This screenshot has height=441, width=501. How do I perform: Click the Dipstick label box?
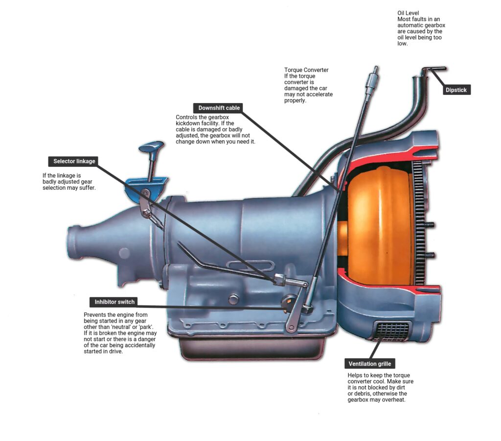coord(455,90)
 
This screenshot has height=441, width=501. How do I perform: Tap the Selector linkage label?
coord(74,161)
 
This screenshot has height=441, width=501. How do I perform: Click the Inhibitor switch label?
coord(114,302)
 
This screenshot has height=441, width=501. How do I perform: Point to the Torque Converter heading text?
coord(306,70)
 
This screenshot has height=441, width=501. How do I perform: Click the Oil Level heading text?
coord(408,13)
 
